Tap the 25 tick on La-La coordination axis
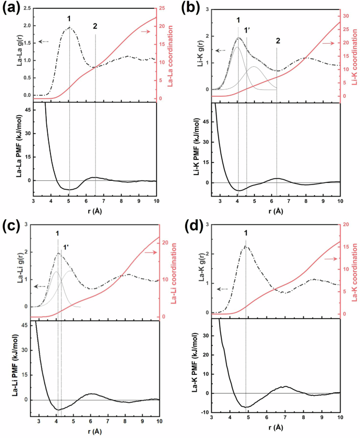(x=163, y=8)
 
